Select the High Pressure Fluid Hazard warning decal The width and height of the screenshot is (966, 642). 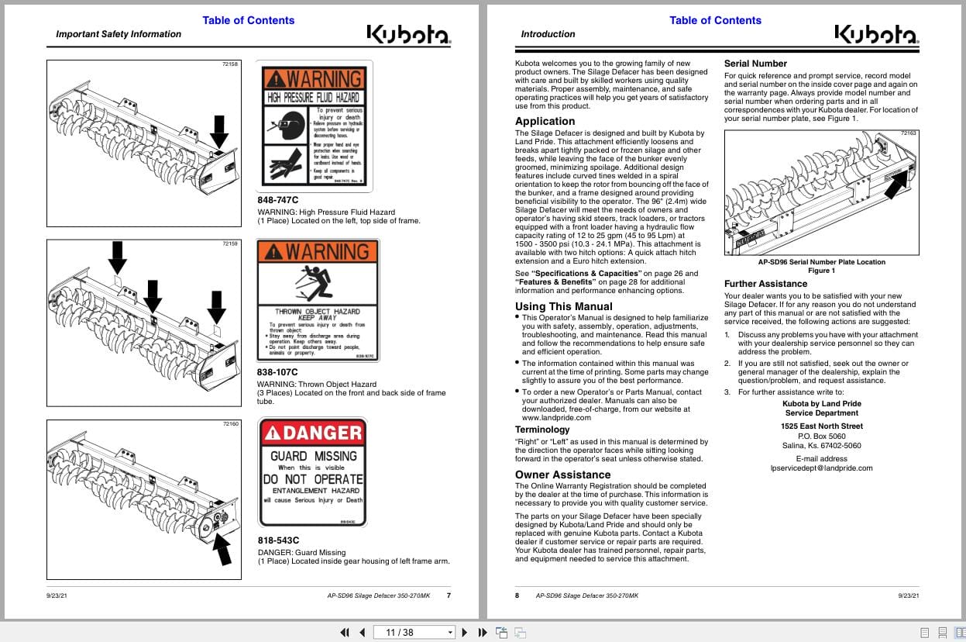(314, 126)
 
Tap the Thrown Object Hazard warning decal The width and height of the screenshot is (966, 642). (318, 300)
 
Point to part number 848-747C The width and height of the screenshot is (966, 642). (277, 200)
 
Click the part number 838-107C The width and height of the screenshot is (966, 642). (277, 372)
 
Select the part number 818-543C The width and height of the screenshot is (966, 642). (277, 540)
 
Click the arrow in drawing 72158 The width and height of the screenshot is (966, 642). (219, 130)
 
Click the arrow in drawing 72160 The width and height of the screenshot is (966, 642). (222, 549)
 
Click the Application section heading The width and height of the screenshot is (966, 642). (545, 121)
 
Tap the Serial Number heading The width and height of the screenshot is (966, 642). (755, 64)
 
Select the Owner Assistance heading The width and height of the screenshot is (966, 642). (562, 475)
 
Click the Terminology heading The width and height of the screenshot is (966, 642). (541, 430)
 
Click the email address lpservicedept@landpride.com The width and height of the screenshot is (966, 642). (821, 468)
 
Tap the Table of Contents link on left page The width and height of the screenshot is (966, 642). (248, 20)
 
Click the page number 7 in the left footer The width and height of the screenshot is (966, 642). (449, 595)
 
